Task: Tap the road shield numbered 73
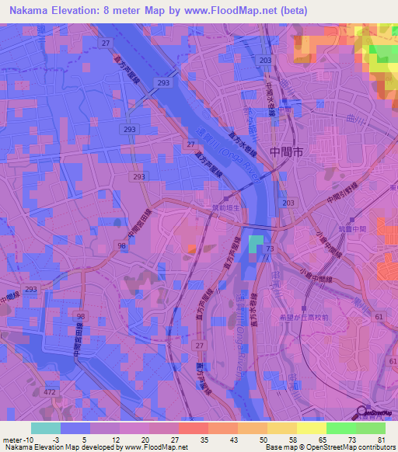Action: [270, 248]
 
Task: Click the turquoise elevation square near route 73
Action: [256, 244]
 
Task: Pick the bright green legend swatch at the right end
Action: [371, 428]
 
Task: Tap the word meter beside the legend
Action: [13, 440]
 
